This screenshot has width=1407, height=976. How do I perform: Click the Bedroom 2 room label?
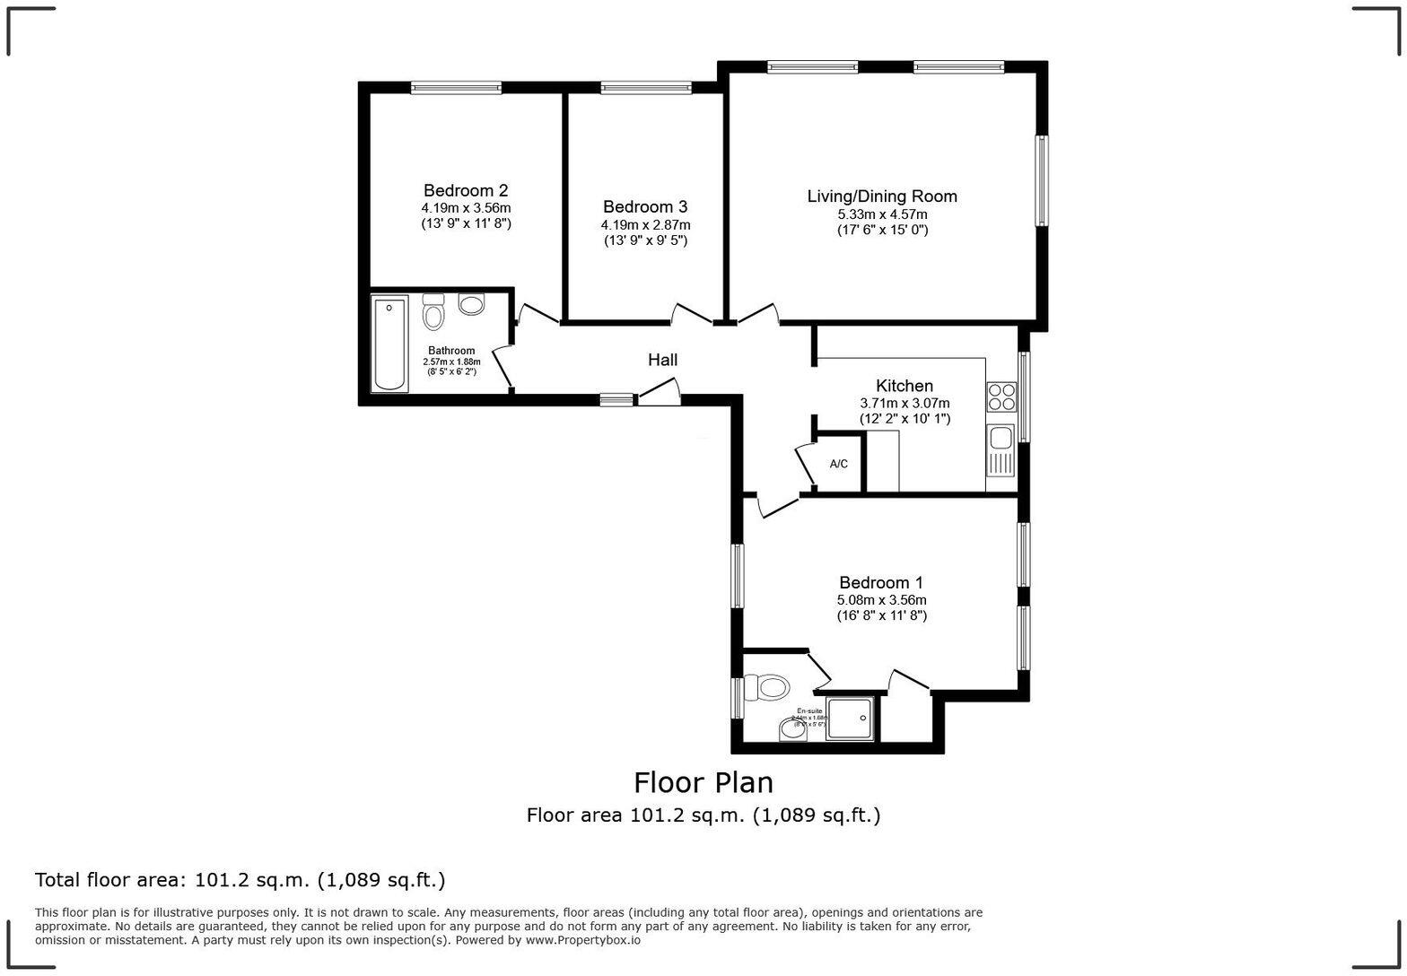coord(466,190)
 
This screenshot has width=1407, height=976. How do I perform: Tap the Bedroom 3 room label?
coord(645,206)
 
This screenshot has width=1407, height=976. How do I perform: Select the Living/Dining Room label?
coord(882,196)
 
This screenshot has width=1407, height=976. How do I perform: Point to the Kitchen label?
coord(904,386)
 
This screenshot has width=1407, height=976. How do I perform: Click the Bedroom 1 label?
coord(881,582)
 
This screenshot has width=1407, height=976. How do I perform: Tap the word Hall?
coord(662,360)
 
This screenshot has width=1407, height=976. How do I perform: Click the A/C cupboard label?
coord(838,464)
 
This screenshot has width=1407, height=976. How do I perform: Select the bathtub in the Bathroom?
coord(389,344)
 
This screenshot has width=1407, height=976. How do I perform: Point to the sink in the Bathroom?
coord(471,304)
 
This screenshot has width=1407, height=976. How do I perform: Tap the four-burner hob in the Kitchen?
coord(1001,397)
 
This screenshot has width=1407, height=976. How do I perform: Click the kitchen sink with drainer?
coord(1000,449)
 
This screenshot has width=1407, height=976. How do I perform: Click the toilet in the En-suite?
coord(769,689)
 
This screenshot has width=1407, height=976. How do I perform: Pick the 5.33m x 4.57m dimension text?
coord(882,214)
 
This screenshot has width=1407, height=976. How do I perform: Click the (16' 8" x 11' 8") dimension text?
coord(881,615)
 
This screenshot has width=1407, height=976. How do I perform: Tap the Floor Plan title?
coord(703,782)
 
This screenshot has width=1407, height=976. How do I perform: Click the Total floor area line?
coord(240,880)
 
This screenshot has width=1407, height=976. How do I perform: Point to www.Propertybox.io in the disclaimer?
coord(582,940)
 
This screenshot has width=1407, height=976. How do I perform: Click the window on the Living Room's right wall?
coord(1041,180)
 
